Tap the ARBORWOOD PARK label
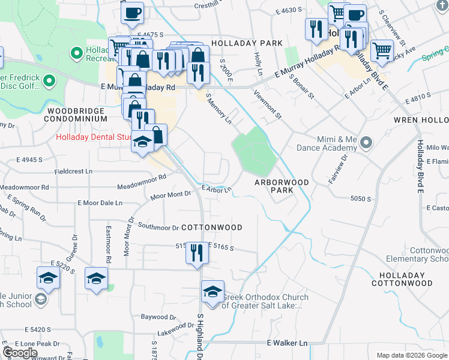[x=282, y=186]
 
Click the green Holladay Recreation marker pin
[x=76, y=54]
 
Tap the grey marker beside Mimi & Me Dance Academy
[x=367, y=143]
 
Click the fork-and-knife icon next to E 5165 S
[x=196, y=253]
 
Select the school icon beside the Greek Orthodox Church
[x=212, y=291]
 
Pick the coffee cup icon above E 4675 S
[x=132, y=11]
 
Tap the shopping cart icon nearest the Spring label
[x=382, y=50]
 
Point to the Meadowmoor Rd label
[x=142, y=182]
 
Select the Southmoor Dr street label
[x=158, y=227]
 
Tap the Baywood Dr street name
[x=158, y=316]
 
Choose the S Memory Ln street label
[x=218, y=109]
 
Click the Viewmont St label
[x=267, y=106]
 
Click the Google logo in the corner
[x=20, y=353]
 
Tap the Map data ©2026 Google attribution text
[x=411, y=355]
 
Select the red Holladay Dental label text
[x=94, y=137]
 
